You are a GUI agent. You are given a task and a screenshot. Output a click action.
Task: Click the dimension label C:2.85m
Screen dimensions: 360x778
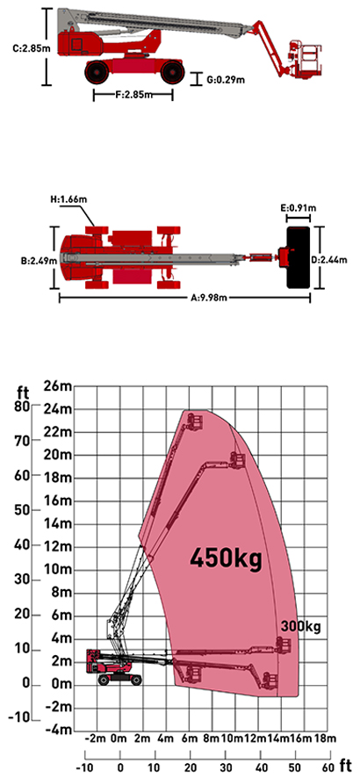pyautogui.click(x=27, y=48)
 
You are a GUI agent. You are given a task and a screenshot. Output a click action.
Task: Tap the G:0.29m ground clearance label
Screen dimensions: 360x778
pyautogui.click(x=226, y=79)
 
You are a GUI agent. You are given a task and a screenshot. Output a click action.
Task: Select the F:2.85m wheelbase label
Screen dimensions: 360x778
pyautogui.click(x=133, y=95)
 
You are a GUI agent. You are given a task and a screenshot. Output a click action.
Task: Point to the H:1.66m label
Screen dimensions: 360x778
pyautogui.click(x=68, y=200)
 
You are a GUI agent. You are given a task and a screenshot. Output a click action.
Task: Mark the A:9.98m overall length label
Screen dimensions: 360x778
pyautogui.click(x=209, y=299)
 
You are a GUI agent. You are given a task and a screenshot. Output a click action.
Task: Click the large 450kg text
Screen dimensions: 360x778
pyautogui.click(x=226, y=558)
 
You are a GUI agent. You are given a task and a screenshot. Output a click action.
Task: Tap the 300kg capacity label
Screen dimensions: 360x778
pyautogui.click(x=301, y=627)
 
